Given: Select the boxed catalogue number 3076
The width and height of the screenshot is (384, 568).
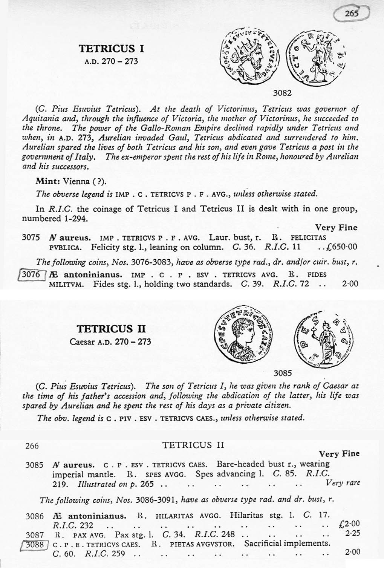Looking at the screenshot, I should pos(31,274).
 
